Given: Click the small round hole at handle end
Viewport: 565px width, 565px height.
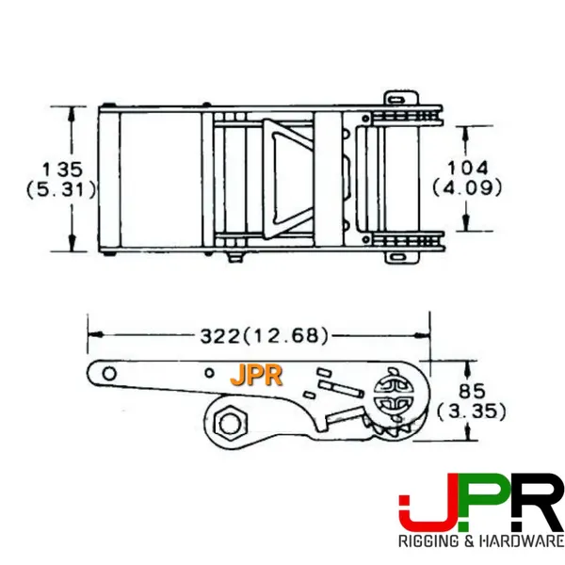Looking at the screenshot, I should click(x=110, y=374).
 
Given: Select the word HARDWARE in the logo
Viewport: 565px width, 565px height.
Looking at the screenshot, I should click(x=520, y=542).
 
